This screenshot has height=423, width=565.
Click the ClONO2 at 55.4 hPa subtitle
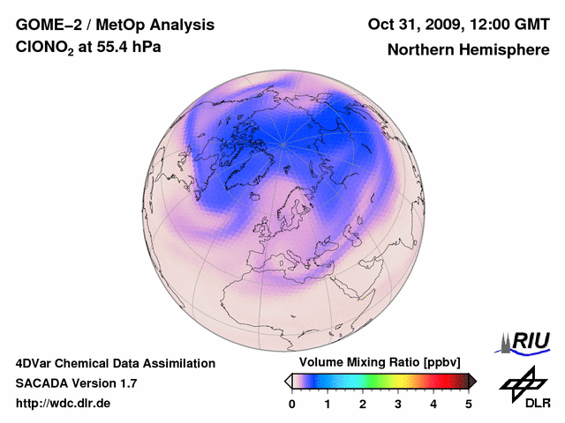[x=88, y=48]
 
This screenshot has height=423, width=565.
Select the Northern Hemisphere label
[x=468, y=49]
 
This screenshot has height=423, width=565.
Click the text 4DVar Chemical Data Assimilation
[x=116, y=363]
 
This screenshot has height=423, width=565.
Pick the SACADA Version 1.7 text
[x=76, y=383]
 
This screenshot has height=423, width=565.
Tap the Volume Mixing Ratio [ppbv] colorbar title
[x=375, y=363]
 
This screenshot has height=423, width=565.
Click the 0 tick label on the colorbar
[x=292, y=404]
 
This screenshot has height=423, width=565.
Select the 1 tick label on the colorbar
[x=328, y=404]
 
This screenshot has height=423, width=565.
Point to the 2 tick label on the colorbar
[x=363, y=404]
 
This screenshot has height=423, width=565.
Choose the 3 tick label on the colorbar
[x=398, y=404]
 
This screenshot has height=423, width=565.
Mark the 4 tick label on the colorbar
[x=433, y=404]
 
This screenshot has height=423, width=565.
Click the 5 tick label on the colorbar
[x=469, y=404]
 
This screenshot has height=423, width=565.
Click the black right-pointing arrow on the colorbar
[x=472, y=381]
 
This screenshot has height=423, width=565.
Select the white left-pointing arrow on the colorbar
[x=289, y=381]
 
